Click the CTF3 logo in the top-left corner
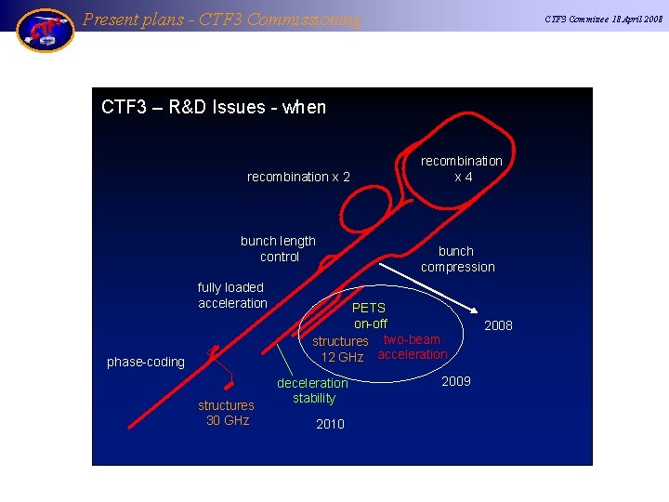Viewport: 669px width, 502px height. [x=45, y=30]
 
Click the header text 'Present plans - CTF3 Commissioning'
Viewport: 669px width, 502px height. [x=221, y=19]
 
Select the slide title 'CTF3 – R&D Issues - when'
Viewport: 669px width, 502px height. [x=214, y=107]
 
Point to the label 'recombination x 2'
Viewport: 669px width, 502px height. [x=298, y=177]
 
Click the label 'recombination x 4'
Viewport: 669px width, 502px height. [x=462, y=168]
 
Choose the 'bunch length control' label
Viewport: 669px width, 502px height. [x=278, y=248]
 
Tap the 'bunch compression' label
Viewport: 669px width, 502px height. [x=457, y=258]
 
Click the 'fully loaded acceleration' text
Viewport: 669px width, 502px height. [x=231, y=295]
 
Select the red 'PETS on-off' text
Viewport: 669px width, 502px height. [x=370, y=315]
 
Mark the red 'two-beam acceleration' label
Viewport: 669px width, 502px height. [x=412, y=347]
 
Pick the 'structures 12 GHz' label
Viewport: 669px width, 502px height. [x=341, y=349]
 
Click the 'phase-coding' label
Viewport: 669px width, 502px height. [x=146, y=362]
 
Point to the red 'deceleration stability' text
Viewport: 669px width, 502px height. [x=313, y=390]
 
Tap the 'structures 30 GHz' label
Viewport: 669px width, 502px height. [x=226, y=413]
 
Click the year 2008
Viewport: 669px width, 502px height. [x=498, y=325]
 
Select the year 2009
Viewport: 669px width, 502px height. [x=456, y=381]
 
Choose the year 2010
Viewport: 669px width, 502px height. [x=330, y=424]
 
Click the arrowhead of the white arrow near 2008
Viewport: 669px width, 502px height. [x=475, y=314]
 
